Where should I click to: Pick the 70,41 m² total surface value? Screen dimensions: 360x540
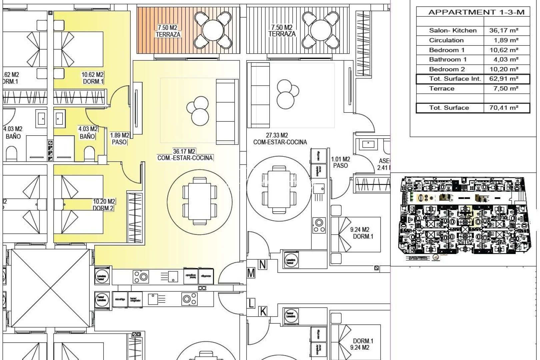click(x=506, y=108)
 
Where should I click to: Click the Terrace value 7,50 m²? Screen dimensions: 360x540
click(x=506, y=88)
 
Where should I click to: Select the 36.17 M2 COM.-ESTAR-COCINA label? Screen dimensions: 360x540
click(x=185, y=155)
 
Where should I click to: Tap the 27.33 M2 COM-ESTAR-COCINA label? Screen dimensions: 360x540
click(x=280, y=139)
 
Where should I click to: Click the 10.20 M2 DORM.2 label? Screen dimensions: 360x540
click(x=104, y=205)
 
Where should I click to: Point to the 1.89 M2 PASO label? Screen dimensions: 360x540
click(x=119, y=139)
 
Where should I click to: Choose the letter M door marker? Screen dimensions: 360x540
click(x=251, y=273)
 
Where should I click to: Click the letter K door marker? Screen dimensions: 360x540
click(x=263, y=312)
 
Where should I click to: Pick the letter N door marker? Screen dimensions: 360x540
click(x=263, y=265)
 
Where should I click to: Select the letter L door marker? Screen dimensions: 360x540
click(x=251, y=303)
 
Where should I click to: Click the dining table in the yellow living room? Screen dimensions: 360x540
click(x=199, y=200)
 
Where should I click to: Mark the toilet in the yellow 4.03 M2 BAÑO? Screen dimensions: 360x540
click(x=89, y=154)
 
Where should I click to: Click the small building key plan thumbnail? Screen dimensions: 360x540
click(x=465, y=218)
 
